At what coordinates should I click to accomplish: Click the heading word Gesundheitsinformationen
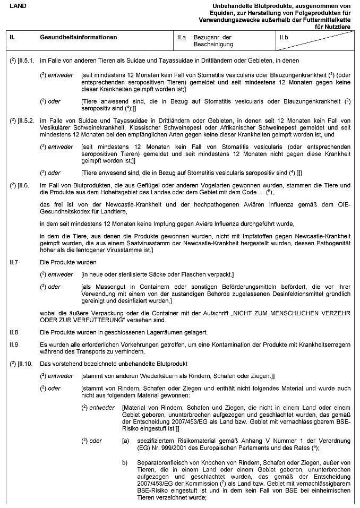[78, 38]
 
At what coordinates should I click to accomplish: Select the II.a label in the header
[181, 38]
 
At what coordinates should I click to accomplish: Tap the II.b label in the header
[284, 38]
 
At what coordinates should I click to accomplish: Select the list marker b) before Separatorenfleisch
[125, 463]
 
